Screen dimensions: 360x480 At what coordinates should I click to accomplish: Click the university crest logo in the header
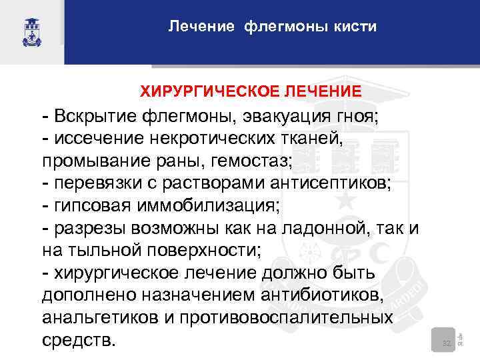pos(31,31)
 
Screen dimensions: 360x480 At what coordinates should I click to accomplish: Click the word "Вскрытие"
pos(95,117)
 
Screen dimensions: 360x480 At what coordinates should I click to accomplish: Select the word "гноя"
pos(357,117)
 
